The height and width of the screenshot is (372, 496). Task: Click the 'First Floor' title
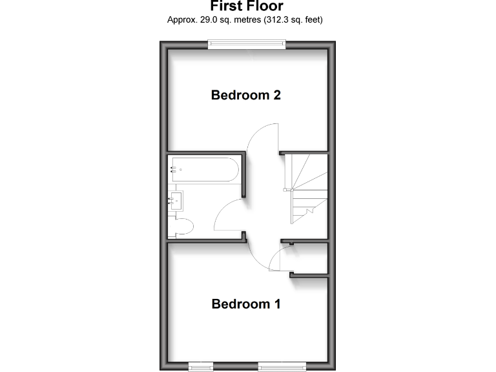pyautogui.click(x=246, y=6)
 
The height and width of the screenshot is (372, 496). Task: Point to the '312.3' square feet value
pyautogui.click(x=278, y=20)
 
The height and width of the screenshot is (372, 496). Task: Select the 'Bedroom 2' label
pyautogui.click(x=246, y=95)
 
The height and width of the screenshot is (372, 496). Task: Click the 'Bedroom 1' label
pyautogui.click(x=246, y=304)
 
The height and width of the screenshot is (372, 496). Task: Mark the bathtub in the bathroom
pyautogui.click(x=204, y=169)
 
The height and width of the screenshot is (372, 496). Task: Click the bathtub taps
pyautogui.click(x=174, y=169)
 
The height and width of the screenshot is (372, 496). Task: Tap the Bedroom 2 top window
pyautogui.click(x=246, y=43)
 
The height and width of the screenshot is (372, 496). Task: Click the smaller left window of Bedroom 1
pyautogui.click(x=201, y=366)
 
